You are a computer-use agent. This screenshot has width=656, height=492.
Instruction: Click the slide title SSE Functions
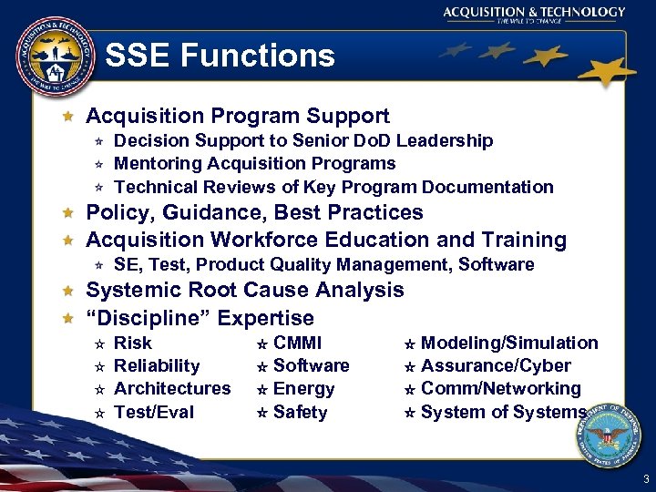(x=220, y=56)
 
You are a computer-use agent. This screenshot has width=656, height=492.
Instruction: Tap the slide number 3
(x=646, y=479)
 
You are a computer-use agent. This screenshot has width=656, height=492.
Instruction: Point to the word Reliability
(x=156, y=366)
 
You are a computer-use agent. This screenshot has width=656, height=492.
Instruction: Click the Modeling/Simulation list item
(x=508, y=343)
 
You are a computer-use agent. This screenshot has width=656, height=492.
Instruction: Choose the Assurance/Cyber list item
(x=496, y=366)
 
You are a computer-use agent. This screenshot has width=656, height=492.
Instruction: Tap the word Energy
(x=303, y=389)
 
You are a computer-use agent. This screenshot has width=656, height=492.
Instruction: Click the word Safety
(x=300, y=412)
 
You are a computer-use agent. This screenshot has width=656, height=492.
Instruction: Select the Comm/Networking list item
(x=500, y=389)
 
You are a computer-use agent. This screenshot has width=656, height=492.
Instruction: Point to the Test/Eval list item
(x=153, y=412)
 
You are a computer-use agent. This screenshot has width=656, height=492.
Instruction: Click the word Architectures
(x=172, y=389)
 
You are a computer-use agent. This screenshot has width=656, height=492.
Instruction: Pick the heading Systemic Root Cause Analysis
(x=244, y=291)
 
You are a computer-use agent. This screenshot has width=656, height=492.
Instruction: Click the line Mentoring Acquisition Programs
(x=254, y=164)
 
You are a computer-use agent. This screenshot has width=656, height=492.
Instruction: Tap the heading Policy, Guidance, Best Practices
(x=254, y=213)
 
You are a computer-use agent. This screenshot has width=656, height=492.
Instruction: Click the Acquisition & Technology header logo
(x=534, y=15)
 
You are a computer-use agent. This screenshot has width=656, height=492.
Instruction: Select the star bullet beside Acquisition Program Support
(x=67, y=117)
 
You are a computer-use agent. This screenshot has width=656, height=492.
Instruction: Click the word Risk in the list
(x=133, y=343)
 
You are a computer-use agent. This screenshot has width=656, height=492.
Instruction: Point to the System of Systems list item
(x=503, y=412)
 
